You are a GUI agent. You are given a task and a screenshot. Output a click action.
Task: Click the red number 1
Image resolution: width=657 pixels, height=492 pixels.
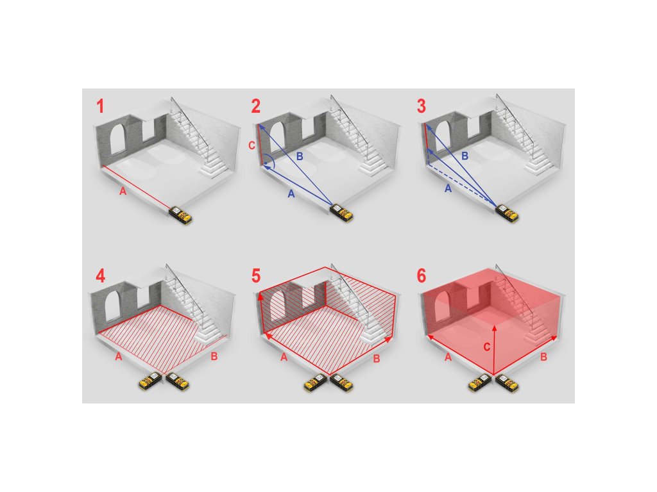(x=100, y=106)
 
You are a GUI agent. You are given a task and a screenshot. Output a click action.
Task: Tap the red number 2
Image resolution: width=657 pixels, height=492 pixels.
(x=255, y=106)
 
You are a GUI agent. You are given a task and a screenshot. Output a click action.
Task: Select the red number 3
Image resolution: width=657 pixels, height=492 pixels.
(x=422, y=106)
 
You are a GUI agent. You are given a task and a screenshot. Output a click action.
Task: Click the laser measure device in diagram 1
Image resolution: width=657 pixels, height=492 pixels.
(x=180, y=214)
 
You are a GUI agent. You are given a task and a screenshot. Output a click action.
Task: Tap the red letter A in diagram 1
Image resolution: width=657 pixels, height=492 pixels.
(x=123, y=191)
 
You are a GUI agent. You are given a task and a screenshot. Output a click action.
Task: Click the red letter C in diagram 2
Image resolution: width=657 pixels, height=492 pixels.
(x=252, y=145)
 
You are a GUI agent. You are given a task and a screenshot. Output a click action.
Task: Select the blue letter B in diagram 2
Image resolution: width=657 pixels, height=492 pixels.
(x=300, y=156)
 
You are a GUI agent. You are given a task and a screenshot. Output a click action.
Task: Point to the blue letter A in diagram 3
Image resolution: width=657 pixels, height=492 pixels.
(x=448, y=189)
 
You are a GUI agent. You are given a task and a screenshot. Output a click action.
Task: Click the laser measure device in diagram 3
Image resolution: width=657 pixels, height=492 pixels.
(x=507, y=213)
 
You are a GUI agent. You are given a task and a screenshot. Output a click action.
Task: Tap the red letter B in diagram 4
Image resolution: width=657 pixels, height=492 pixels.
(x=214, y=357)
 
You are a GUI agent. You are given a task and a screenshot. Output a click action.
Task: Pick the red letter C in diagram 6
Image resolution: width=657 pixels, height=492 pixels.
(x=486, y=347)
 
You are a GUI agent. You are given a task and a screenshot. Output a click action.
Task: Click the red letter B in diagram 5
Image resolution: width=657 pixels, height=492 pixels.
(x=376, y=359)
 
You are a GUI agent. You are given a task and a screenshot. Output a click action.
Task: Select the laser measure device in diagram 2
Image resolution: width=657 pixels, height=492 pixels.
(x=342, y=212)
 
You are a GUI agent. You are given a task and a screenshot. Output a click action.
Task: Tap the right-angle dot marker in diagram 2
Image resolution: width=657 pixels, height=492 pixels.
(x=266, y=162)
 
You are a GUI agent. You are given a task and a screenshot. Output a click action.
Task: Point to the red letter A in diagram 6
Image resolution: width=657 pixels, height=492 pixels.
(x=448, y=357)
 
